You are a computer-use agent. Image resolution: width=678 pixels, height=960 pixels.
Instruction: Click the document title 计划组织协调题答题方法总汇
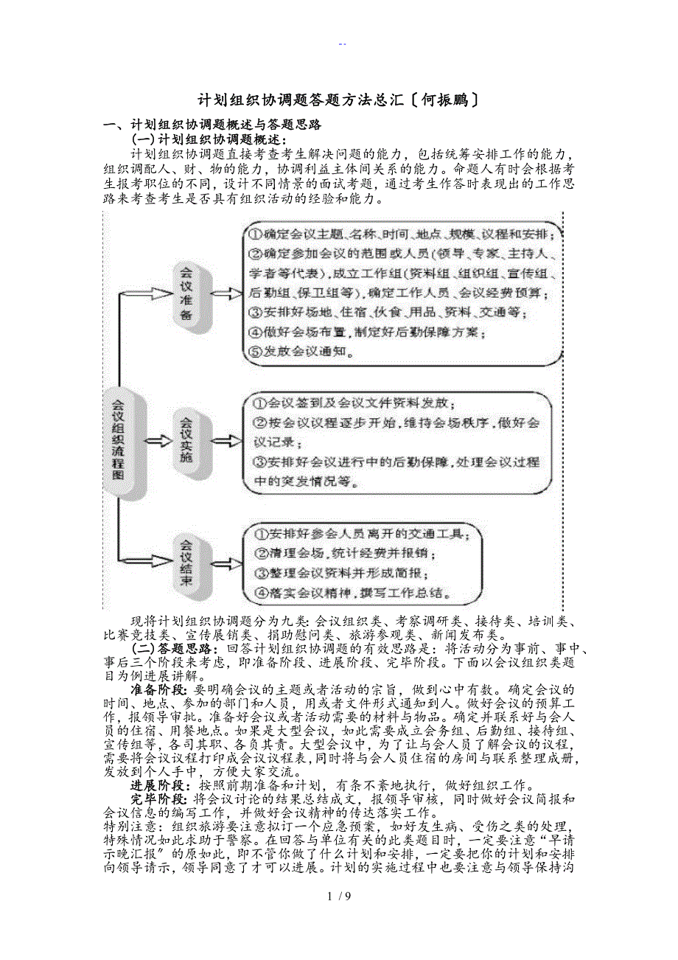point(301,100)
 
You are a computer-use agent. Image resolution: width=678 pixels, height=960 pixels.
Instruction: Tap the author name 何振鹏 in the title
point(448,100)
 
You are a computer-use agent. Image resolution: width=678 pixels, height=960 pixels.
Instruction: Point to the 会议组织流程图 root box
point(117,440)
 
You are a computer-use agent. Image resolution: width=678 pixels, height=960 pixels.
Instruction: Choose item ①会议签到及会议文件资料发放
point(354,403)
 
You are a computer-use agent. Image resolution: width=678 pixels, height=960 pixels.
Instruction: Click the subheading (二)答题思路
point(174,648)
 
